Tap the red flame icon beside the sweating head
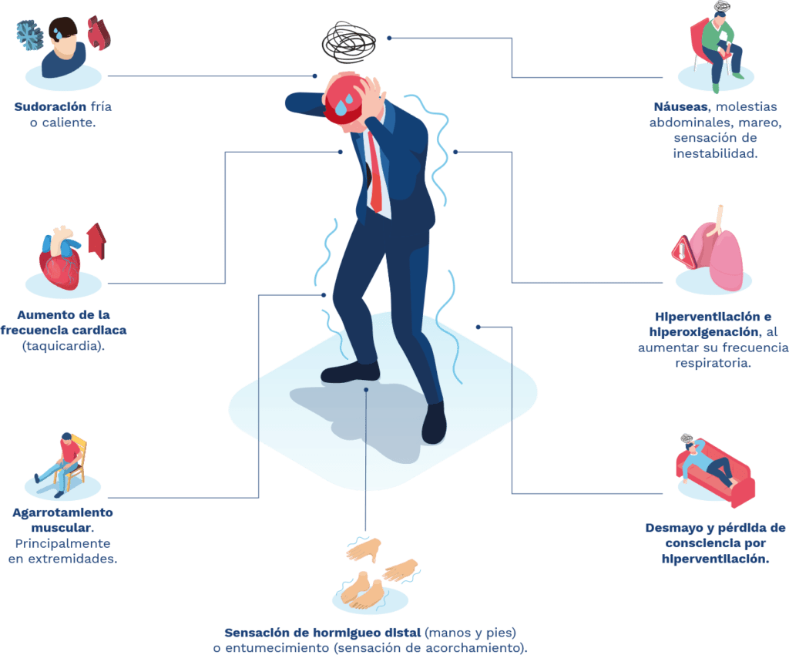point(99,33)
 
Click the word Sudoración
point(50,106)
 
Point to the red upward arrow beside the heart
point(96,241)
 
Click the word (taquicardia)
point(63,346)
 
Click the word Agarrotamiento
point(63,512)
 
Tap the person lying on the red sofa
point(709,462)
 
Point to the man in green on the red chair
point(720,50)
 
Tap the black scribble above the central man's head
point(348,42)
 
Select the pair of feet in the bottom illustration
point(363,589)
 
